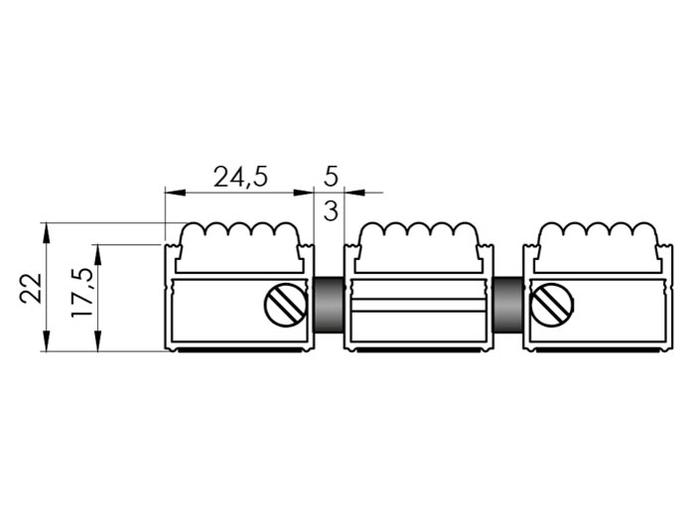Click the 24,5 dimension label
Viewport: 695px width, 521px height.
click(240, 178)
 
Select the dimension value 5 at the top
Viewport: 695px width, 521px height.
click(331, 177)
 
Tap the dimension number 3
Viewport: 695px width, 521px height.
click(331, 210)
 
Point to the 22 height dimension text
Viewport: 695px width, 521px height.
click(31, 289)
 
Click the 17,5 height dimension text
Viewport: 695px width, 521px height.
click(82, 293)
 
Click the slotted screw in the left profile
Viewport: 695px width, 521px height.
click(286, 305)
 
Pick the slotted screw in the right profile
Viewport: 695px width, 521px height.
click(552, 305)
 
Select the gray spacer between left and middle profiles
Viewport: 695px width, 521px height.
click(329, 305)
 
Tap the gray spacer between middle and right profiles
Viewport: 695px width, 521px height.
click(508, 305)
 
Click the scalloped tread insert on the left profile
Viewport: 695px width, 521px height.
click(240, 247)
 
